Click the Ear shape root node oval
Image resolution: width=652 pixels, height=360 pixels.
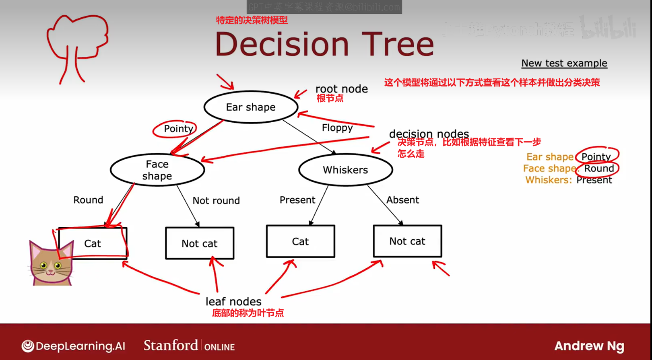pyautogui.click(x=251, y=107)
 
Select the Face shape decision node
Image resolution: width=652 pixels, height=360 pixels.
pyautogui.click(x=157, y=170)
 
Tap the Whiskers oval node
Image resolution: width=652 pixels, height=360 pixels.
pyautogui.click(x=345, y=170)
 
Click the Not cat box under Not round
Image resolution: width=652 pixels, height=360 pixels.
pyautogui.click(x=200, y=243)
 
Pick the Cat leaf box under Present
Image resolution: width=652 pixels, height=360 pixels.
pyautogui.click(x=300, y=241)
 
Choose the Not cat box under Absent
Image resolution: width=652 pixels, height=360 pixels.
pyautogui.click(x=407, y=241)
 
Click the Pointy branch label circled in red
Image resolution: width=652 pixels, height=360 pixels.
pyautogui.click(x=178, y=129)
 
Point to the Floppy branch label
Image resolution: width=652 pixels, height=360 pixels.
pyautogui.click(x=337, y=128)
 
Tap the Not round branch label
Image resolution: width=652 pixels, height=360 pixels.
pyautogui.click(x=216, y=200)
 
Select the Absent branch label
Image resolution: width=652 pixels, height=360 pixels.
pyautogui.click(x=402, y=200)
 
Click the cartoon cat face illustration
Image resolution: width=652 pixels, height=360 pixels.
pyautogui.click(x=51, y=264)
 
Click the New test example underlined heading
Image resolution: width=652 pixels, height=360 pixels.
pyautogui.click(x=564, y=63)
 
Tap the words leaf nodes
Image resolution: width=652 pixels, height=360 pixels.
pyautogui.click(x=233, y=301)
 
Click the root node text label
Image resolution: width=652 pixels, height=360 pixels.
pyautogui.click(x=342, y=89)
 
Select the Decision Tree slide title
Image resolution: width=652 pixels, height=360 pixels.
pyautogui.click(x=325, y=44)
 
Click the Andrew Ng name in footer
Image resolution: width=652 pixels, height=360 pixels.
pyautogui.click(x=589, y=346)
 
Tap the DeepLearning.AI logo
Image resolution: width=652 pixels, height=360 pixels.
pyautogui.click(x=73, y=346)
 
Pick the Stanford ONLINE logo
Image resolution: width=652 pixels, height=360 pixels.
pyautogui.click(x=189, y=346)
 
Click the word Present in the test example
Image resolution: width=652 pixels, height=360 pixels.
pyautogui.click(x=594, y=180)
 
